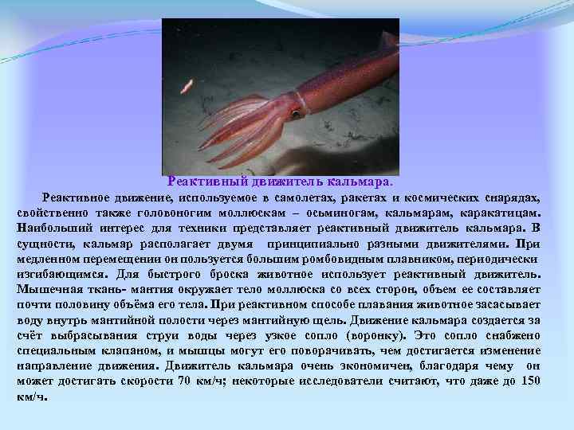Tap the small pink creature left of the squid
187,84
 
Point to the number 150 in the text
529,381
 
